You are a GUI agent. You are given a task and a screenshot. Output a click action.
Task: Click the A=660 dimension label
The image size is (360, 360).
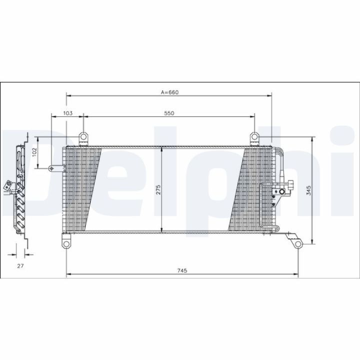point(169,92)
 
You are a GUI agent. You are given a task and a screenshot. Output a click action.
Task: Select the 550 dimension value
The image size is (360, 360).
point(169,113)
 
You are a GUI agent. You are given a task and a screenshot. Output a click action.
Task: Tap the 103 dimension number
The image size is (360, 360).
point(67,113)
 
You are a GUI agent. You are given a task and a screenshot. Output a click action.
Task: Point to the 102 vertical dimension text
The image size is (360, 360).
point(34,152)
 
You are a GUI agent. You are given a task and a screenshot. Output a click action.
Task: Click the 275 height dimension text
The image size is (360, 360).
point(158,189)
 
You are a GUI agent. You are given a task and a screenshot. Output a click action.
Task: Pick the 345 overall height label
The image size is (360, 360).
point(309,190)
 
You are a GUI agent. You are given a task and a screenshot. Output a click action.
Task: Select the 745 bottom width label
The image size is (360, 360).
point(182,270)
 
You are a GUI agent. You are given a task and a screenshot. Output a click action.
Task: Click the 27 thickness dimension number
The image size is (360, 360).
point(20,266)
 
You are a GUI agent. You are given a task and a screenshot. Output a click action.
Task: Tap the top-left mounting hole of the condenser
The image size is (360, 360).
point(83,137)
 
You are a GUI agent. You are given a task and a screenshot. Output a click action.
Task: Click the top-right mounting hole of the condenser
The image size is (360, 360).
point(254,137)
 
